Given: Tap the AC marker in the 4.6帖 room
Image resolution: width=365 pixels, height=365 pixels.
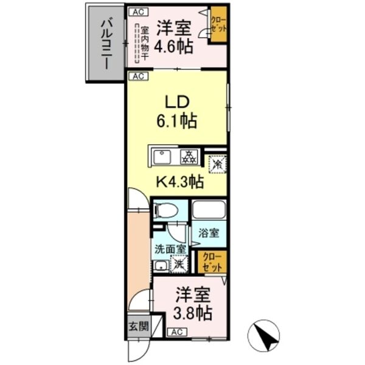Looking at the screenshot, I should [137, 12].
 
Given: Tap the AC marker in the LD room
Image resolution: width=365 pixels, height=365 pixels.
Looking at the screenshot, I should [137, 76].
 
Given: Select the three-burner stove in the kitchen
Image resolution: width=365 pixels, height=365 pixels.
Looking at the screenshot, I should [189, 157].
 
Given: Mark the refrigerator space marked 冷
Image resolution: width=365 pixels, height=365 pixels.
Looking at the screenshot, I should [216, 162].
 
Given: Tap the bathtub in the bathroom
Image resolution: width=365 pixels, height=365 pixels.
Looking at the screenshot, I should [209, 210].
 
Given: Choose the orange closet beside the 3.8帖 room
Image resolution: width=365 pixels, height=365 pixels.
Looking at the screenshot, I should [213, 261].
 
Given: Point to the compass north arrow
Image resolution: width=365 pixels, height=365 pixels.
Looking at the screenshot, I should [264, 335].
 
